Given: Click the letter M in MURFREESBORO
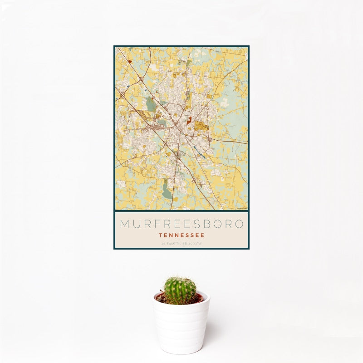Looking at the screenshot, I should coord(125,224).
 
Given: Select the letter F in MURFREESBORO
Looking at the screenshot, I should coord(159,224).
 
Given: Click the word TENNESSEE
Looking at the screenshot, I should coord(181,235).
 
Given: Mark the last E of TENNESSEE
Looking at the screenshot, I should coord(202,235).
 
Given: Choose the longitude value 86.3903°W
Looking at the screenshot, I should coord(192,244).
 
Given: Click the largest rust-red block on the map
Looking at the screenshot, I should coord(190,122).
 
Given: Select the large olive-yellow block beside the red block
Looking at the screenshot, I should coord(201,125).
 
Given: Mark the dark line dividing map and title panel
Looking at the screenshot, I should coord(181,211).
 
